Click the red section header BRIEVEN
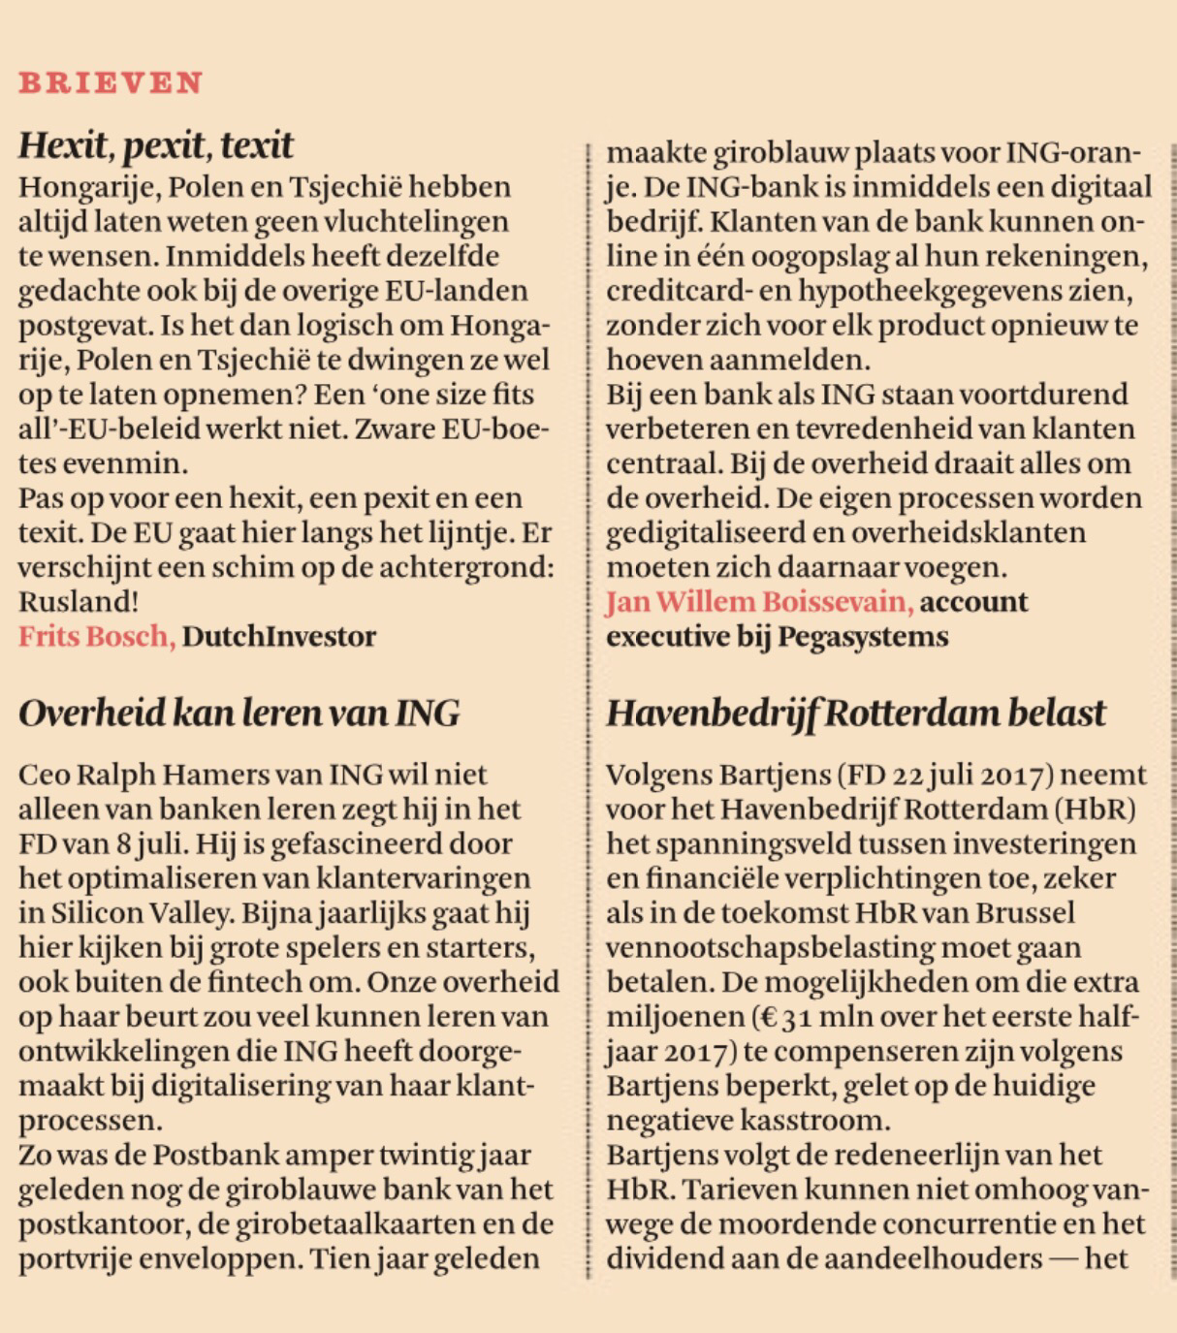coord(111,82)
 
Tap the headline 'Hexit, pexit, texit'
coord(155,145)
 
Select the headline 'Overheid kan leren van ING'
coord(239,714)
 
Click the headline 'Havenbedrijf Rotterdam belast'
coord(855,714)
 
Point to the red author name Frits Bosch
coord(96,637)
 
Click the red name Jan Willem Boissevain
coord(759,602)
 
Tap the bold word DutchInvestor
coord(279,637)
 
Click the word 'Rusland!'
coord(79,602)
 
